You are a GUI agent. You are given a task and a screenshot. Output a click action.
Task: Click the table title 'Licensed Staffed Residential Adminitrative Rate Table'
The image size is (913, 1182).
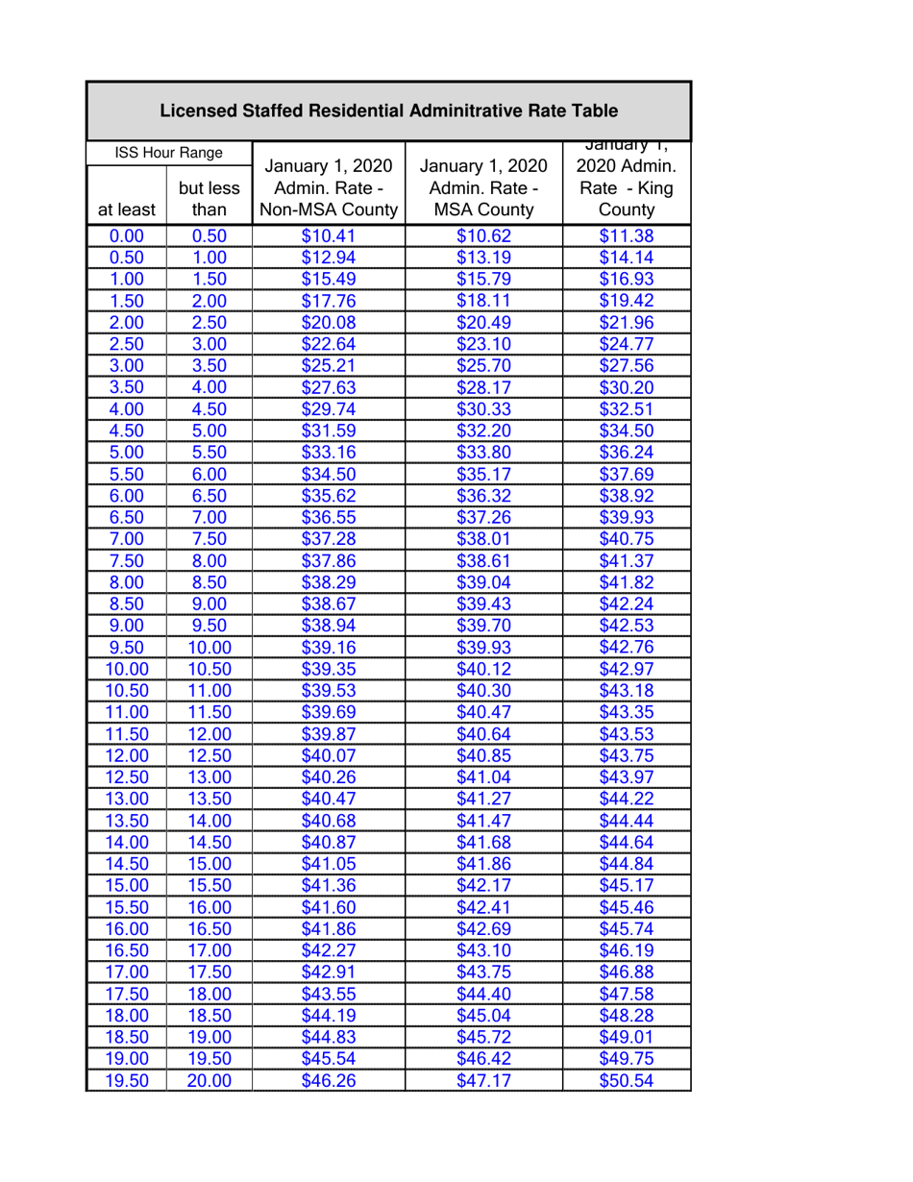(387, 111)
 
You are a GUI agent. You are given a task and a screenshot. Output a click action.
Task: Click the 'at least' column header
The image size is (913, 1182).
(126, 209)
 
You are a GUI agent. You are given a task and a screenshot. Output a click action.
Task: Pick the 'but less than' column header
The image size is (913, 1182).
(209, 197)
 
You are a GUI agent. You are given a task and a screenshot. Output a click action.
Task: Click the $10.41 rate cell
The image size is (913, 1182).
(329, 237)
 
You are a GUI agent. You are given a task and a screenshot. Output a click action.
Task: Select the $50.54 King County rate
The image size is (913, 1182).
(626, 1081)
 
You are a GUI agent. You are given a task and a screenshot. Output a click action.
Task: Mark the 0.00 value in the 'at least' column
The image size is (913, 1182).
(126, 237)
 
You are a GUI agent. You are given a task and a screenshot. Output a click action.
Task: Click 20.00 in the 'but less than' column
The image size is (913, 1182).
(209, 1081)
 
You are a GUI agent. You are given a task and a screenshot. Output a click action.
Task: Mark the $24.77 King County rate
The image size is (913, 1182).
(626, 343)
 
